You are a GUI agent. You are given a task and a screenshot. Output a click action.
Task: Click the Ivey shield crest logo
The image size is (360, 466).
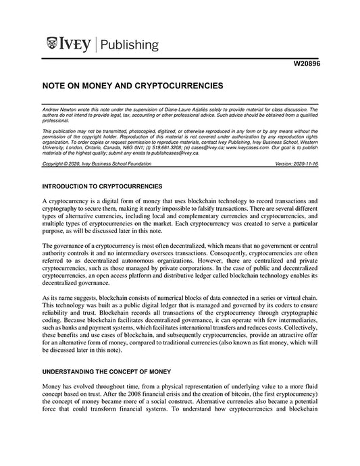tap(52, 45)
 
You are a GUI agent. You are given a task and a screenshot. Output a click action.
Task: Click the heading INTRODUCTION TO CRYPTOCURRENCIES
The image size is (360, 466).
tap(101, 185)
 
